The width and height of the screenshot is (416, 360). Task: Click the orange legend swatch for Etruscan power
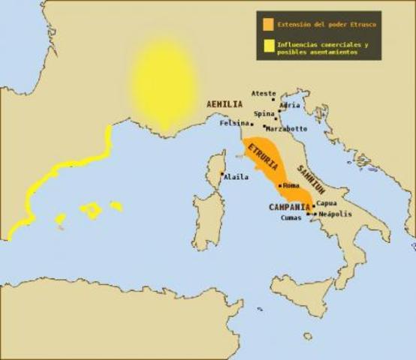pos(267,23)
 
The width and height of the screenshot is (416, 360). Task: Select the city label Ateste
pos(263,94)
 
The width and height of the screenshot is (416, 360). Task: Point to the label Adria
pos(289,105)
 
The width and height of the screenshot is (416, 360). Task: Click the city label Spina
pos(264,114)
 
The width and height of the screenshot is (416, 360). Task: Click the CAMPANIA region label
pos(289,206)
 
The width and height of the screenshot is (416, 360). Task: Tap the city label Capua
pos(326,203)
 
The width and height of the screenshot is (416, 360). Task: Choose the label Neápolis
pos(334,214)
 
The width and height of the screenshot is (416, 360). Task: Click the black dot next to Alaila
pos(222,175)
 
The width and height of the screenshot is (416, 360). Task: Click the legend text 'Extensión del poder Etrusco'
pos(326,23)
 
